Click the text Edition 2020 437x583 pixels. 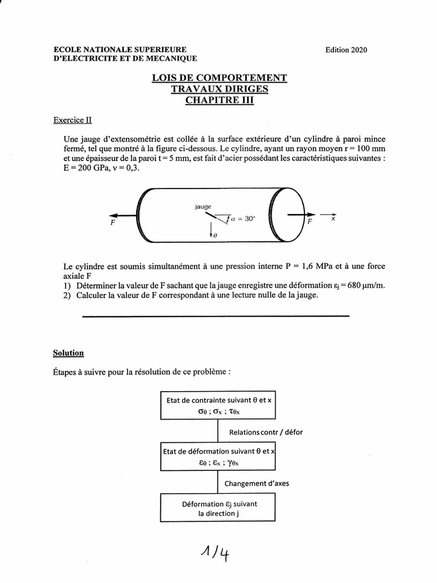pos(346,50)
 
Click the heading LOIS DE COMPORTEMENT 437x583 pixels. pos(219,79)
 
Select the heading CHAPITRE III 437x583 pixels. pos(219,100)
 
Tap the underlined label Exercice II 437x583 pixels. pos(72,120)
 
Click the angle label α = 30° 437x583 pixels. pos(244,218)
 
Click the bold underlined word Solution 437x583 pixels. pos(68,353)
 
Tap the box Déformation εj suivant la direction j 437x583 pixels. pos(219,508)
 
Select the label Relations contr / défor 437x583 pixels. pos(265,432)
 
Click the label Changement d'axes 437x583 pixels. pos(256,483)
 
